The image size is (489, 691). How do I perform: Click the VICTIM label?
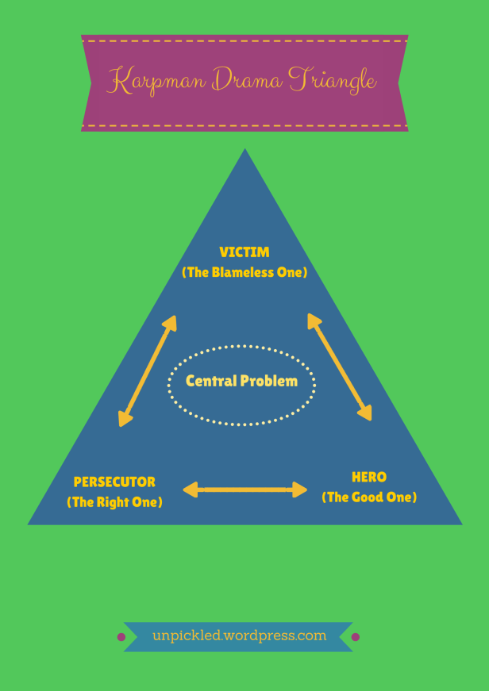(244, 252)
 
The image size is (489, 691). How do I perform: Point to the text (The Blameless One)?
(244, 272)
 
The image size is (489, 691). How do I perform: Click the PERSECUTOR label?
(114, 482)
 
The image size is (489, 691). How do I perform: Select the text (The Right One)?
(114, 501)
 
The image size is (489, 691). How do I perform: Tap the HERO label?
(369, 477)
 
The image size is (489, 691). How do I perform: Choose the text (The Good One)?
(369, 497)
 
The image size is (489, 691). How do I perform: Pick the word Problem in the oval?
(270, 381)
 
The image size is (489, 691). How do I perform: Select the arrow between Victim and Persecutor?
(147, 370)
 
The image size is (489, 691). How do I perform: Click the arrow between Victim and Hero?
(340, 367)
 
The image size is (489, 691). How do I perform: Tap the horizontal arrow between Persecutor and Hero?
(245, 489)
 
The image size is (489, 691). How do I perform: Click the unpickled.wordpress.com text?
(239, 635)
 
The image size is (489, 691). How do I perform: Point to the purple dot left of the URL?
(121, 636)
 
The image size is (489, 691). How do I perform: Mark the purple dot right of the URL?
(356, 636)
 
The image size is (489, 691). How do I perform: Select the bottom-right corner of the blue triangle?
(460, 523)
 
